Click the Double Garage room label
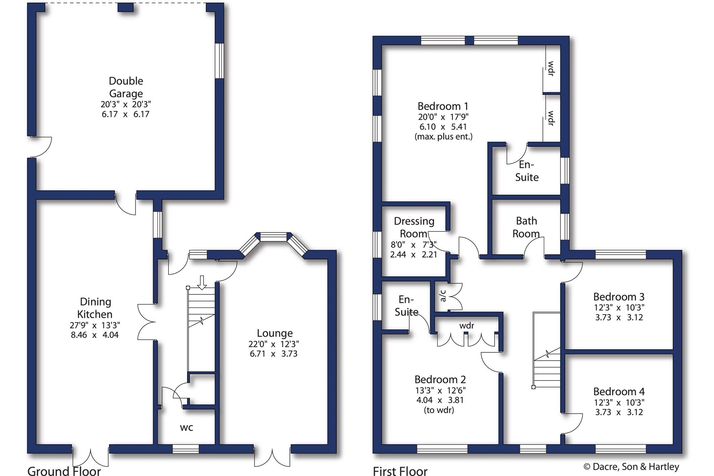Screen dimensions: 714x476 pyautogui.click(x=126, y=87)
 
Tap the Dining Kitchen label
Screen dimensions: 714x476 pyautogui.click(x=95, y=308)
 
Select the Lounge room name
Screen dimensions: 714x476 pyautogui.click(x=275, y=333)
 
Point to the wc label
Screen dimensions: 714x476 pyautogui.click(x=186, y=428)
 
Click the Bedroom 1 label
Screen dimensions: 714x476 pyautogui.click(x=443, y=106)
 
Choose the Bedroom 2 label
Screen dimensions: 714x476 pyautogui.click(x=440, y=379)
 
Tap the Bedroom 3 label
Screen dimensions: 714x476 pyautogui.click(x=619, y=297)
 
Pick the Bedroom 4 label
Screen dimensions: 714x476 pyautogui.click(x=619, y=391)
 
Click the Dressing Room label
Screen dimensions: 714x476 pyautogui.click(x=414, y=227)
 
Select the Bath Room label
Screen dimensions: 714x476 pyautogui.click(x=526, y=227)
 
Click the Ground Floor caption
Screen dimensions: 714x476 pyautogui.click(x=64, y=471)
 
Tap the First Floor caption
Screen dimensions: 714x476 pyautogui.click(x=400, y=471)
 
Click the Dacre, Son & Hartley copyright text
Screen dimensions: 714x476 pyautogui.click(x=631, y=467)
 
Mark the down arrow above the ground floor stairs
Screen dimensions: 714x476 pyautogui.click(x=202, y=283)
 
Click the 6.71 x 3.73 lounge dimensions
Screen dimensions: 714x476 pyautogui.click(x=273, y=354)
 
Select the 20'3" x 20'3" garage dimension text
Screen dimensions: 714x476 pyautogui.click(x=126, y=104)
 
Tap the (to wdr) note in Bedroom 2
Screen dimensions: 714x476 pyautogui.click(x=439, y=410)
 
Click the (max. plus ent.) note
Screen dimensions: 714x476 pyautogui.click(x=443, y=137)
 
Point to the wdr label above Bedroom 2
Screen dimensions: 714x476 pyautogui.click(x=467, y=326)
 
